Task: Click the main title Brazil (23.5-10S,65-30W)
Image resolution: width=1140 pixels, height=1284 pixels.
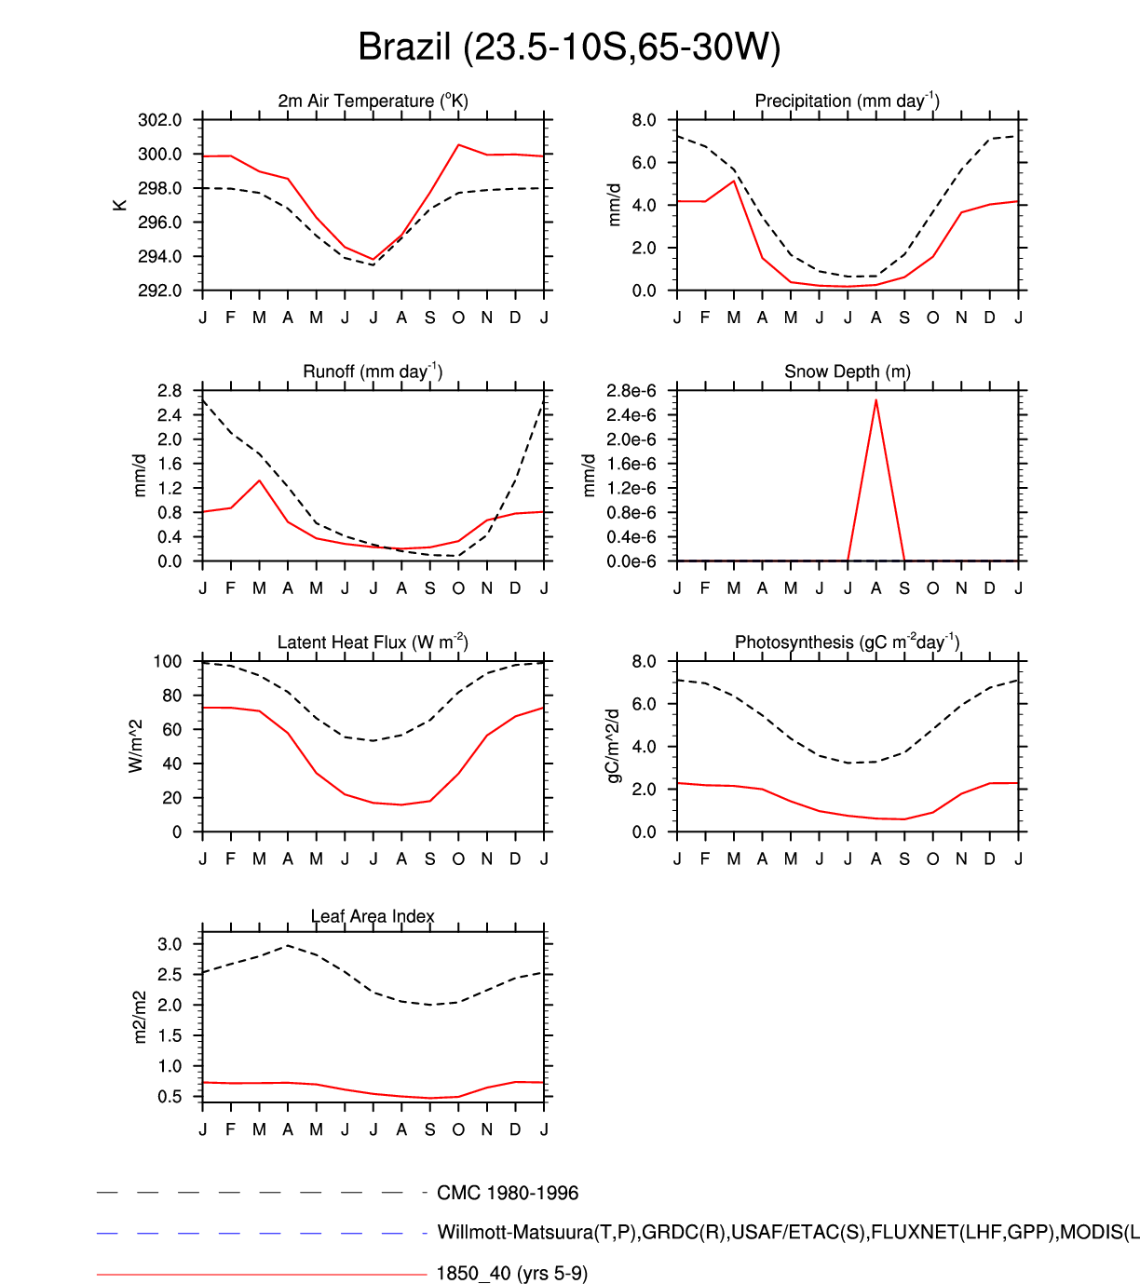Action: (x=569, y=47)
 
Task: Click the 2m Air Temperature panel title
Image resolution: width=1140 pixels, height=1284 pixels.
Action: (x=373, y=101)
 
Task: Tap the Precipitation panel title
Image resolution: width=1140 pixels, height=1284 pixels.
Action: (x=847, y=101)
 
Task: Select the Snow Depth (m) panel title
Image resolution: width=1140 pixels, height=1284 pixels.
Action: (x=847, y=372)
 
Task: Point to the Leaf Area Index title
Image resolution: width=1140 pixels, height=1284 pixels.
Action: (x=373, y=916)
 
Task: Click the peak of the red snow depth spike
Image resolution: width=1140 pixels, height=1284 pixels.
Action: (x=875, y=399)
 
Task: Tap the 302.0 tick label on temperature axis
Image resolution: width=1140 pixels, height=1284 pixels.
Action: (x=160, y=120)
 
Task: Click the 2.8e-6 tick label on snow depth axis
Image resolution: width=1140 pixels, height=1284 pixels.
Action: (x=631, y=391)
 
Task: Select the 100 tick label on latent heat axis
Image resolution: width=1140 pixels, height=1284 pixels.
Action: (x=168, y=661)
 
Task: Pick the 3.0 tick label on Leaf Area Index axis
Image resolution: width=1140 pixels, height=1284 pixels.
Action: (x=170, y=944)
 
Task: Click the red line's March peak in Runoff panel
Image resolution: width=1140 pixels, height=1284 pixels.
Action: (x=259, y=480)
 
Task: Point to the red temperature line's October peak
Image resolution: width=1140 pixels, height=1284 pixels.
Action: (x=458, y=144)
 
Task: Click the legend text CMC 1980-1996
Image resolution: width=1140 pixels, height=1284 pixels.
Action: (x=508, y=1193)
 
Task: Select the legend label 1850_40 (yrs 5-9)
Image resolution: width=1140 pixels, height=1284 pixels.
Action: (x=512, y=1273)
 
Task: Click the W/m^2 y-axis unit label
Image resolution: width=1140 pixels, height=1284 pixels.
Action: (x=136, y=746)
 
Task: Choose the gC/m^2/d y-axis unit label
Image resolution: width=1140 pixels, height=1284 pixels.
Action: (x=613, y=746)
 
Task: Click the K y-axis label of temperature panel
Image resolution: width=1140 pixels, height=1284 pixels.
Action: (x=120, y=205)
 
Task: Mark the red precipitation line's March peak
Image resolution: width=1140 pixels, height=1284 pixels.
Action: (x=734, y=181)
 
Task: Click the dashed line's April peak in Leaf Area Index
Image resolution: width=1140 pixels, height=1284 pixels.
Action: (x=288, y=945)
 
